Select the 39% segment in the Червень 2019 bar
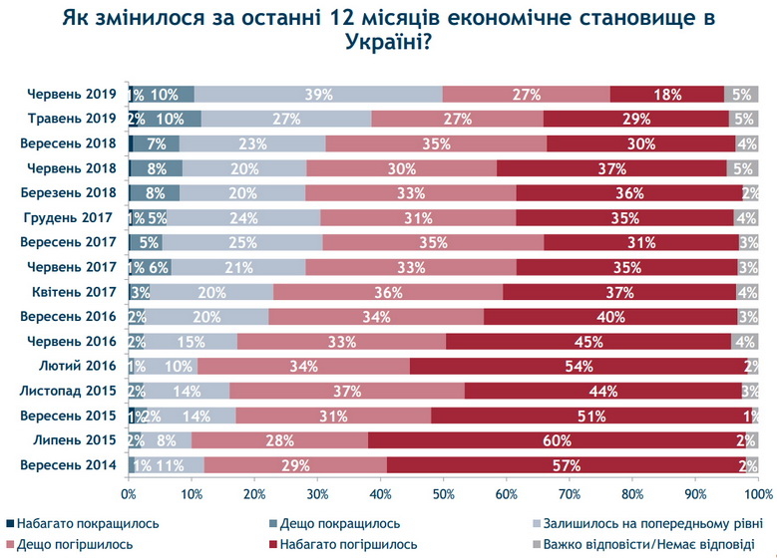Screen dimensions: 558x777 coord(317,95)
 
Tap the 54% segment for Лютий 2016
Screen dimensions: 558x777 coord(577,366)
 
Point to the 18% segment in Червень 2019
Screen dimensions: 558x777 coord(666,95)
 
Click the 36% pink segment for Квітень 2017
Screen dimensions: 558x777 coord(387,293)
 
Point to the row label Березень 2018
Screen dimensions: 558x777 coord(72,193)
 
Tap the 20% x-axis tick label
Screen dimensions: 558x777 coord(254,493)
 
